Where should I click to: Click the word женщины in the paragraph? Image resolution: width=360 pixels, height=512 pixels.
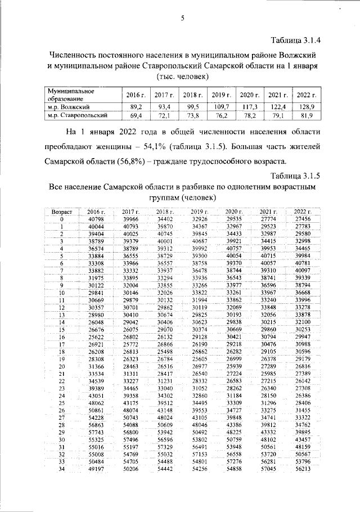click(x=159, y=146)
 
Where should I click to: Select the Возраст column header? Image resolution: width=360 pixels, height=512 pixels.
click(x=62, y=211)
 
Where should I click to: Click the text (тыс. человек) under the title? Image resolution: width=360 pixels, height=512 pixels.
click(x=182, y=76)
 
